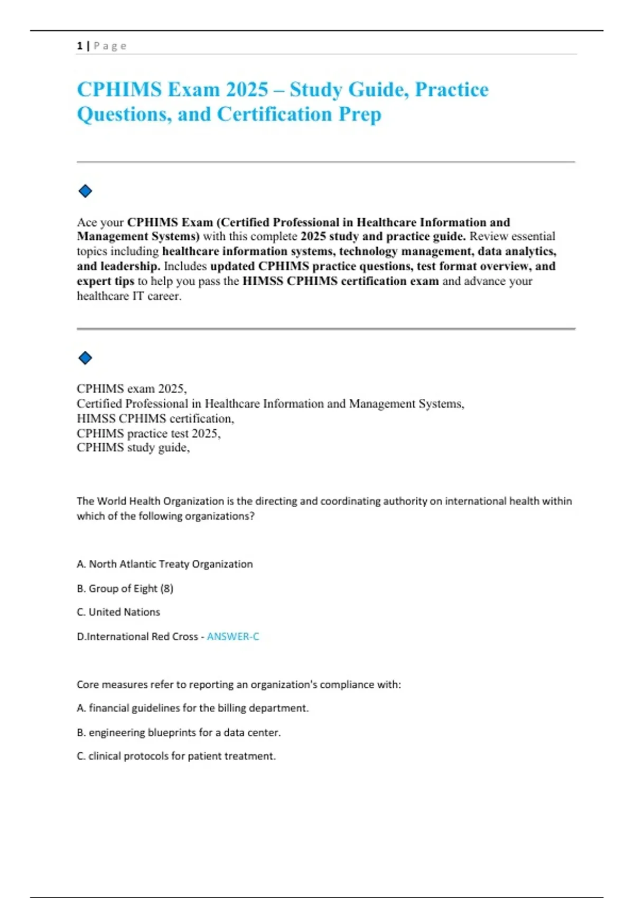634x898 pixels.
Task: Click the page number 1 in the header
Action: coord(79,46)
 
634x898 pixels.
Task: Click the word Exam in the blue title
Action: coord(194,89)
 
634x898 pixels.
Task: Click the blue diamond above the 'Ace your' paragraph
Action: coord(85,191)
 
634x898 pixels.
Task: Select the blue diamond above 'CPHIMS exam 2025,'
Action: coord(85,358)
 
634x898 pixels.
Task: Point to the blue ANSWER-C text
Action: coord(233,637)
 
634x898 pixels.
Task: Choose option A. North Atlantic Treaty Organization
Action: coord(165,564)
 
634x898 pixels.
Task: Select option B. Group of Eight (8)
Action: coord(125,588)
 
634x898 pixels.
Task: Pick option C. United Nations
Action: coord(118,612)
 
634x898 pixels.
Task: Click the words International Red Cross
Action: coord(142,637)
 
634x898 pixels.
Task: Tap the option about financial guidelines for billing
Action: coord(193,708)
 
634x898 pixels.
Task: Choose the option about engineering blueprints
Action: coord(179,733)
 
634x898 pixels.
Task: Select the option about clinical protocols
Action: coord(176,756)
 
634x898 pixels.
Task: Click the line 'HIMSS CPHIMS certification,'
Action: coord(155,418)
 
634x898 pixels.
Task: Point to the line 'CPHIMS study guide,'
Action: coord(133,447)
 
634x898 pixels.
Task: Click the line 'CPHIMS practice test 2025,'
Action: coord(148,433)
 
